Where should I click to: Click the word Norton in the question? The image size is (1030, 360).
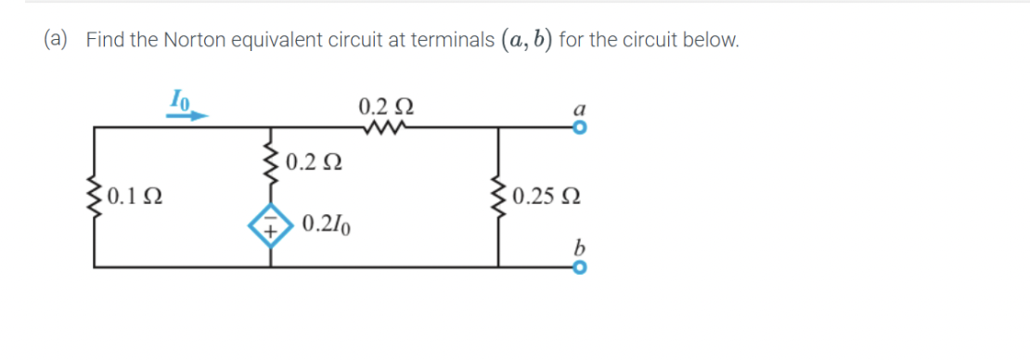192,40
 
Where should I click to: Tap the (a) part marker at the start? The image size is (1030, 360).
58,40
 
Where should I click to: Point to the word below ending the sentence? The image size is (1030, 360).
715,40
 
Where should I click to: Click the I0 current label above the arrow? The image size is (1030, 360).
179,97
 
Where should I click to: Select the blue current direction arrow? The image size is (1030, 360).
187,114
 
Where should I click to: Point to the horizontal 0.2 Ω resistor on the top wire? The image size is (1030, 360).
381,128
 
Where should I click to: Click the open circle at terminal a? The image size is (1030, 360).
580,130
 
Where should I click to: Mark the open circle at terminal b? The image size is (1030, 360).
580,266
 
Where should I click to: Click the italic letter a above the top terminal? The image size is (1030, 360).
579,109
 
